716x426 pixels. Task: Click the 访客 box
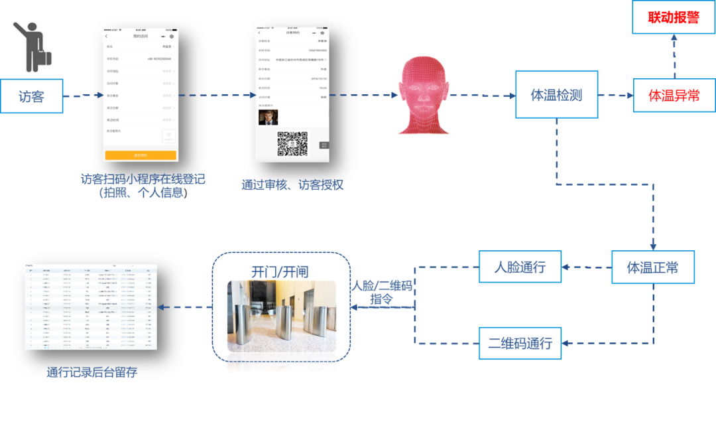pos(32,96)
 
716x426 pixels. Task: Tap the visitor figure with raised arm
pos(30,46)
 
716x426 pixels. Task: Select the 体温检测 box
pos(556,95)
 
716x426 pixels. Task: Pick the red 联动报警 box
pos(674,17)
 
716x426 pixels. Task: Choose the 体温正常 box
pos(653,267)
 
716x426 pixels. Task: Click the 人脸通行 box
pos(520,267)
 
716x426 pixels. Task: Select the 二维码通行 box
pos(520,343)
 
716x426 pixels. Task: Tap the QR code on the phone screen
pos(292,143)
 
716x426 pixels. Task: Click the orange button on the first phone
pos(141,155)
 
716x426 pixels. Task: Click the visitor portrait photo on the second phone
pos(268,117)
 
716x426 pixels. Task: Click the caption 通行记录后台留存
pos(93,372)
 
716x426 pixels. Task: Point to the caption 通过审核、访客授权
pos(292,185)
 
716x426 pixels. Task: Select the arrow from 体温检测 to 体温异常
pos(615,96)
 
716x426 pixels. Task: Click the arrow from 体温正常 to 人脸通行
pos(587,268)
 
